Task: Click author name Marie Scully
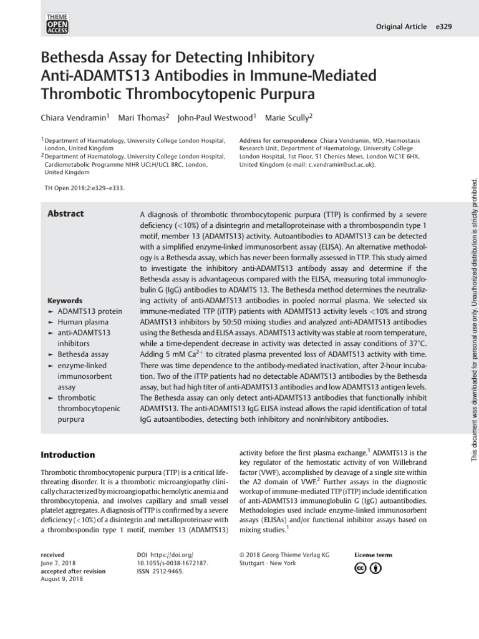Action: point(289,117)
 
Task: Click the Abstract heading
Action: point(65,214)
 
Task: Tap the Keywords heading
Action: point(65,300)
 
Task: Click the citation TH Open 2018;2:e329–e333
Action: point(80,187)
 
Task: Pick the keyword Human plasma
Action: point(84,321)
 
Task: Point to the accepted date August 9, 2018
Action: point(62,580)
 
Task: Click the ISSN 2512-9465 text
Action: point(160,571)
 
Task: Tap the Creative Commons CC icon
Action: point(361,568)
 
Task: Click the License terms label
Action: point(374,554)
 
